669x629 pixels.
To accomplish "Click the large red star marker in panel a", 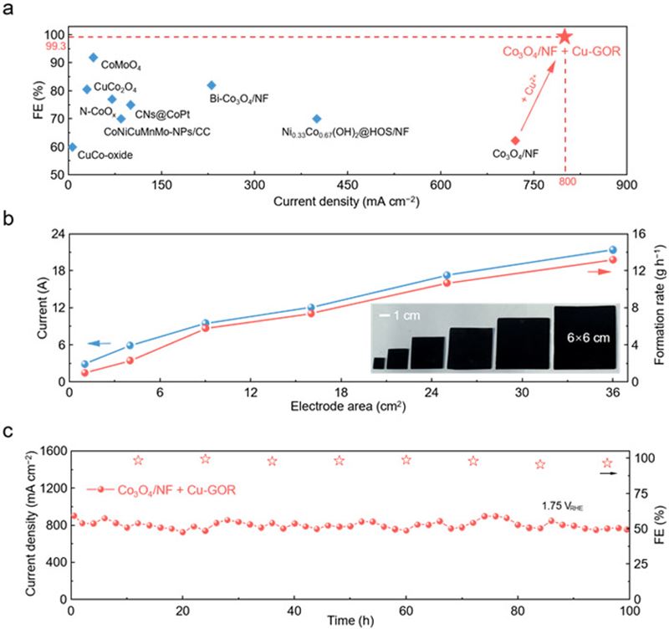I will pyautogui.click(x=565, y=36).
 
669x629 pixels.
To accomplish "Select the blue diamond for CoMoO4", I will pyautogui.click(x=93, y=58).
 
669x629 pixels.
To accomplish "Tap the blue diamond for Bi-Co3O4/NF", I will pyautogui.click(x=212, y=85).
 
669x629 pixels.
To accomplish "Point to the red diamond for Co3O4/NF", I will pyautogui.click(x=515, y=141).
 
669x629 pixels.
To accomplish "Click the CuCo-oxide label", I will pyautogui.click(x=105, y=154).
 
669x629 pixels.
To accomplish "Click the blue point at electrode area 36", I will pyautogui.click(x=612, y=249).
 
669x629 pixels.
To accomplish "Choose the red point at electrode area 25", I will pyautogui.click(x=447, y=283).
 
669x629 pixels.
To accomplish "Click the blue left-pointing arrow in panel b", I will pyautogui.click(x=100, y=343).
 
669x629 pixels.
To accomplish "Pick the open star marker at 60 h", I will pyautogui.click(x=406, y=459).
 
